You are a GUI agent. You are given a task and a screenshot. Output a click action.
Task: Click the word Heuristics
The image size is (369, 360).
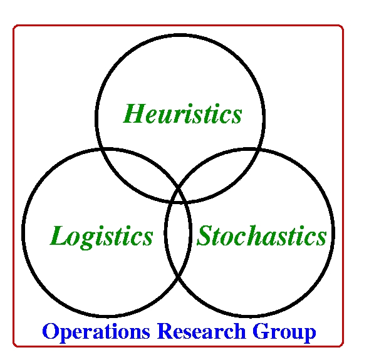pos(182,113)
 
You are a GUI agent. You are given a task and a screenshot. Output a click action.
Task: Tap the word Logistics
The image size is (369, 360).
pos(101,236)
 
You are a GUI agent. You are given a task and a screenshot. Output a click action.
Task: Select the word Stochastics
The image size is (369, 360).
pos(261,235)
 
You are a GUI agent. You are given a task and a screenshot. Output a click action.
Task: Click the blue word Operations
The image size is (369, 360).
pos(96,332)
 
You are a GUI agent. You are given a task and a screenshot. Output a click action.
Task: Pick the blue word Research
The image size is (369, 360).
pos(202,331)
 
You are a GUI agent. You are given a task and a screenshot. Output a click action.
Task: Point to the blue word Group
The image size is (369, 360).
pos(284,332)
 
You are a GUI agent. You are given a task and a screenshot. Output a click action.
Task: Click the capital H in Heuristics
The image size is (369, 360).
pos(135,113)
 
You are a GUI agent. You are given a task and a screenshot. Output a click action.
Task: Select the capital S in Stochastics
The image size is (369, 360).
pos(205,235)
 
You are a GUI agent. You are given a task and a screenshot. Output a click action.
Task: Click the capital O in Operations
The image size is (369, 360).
pos(51,331)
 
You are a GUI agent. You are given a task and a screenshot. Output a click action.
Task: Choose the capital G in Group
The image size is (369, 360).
pos(261,331)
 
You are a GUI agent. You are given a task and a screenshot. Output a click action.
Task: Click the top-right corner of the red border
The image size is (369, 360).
pos(342,26)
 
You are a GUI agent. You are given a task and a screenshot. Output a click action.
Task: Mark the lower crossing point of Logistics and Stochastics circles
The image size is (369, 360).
pos(178,277)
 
